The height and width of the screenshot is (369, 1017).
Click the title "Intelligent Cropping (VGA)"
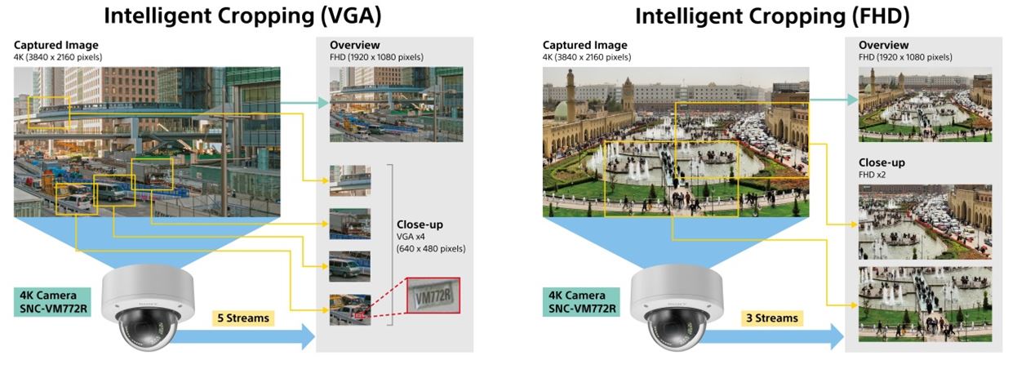click(232, 16)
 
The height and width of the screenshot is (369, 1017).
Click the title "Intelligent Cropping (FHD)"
click(772, 16)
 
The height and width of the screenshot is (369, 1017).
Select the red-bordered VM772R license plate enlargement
click(433, 296)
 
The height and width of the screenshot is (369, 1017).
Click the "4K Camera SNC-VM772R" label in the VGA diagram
click(54, 300)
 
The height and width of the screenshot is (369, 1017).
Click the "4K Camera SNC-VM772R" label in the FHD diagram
click(583, 300)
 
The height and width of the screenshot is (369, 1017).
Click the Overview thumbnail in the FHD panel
click(925, 104)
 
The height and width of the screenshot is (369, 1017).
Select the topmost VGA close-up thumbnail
click(350, 180)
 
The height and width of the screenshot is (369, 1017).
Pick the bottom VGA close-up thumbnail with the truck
click(350, 309)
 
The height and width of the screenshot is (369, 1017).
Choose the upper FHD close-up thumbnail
click(925, 222)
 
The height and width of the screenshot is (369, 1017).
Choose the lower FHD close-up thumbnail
click(925, 303)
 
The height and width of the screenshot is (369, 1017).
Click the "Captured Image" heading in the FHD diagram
click(585, 45)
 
